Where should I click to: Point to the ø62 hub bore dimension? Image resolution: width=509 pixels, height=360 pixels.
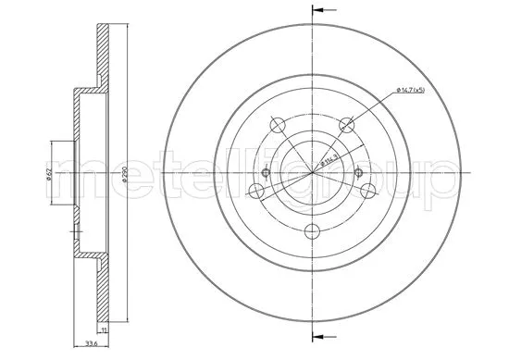pos(49,172)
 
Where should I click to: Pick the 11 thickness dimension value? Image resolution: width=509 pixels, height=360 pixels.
pos(105,330)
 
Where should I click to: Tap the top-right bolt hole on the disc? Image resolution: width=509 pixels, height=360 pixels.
pos(347,124)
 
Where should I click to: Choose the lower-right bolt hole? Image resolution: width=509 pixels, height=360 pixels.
pos(368,192)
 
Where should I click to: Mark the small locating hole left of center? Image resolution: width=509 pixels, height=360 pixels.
pos(266,173)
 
